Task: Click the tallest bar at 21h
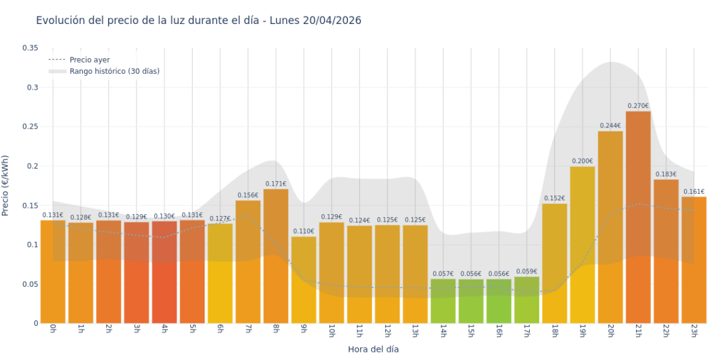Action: [x=638, y=217]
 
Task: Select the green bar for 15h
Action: [x=471, y=301]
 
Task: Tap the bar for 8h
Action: [x=276, y=256]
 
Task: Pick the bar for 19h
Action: [x=582, y=244]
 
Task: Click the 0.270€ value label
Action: [x=638, y=106]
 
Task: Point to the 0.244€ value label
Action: [x=610, y=126]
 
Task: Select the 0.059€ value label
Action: [x=527, y=272]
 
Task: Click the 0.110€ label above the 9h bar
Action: [x=304, y=232]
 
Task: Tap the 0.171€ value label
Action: [x=276, y=184]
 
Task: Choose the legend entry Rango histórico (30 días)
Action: [x=114, y=71]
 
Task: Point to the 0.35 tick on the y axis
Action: [x=30, y=48]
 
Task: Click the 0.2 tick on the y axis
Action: [x=32, y=166]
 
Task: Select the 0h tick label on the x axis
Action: [x=53, y=331]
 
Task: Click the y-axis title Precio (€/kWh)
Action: [x=6, y=186]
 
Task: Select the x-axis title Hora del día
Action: [x=373, y=349]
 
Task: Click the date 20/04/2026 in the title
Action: [x=332, y=20]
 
